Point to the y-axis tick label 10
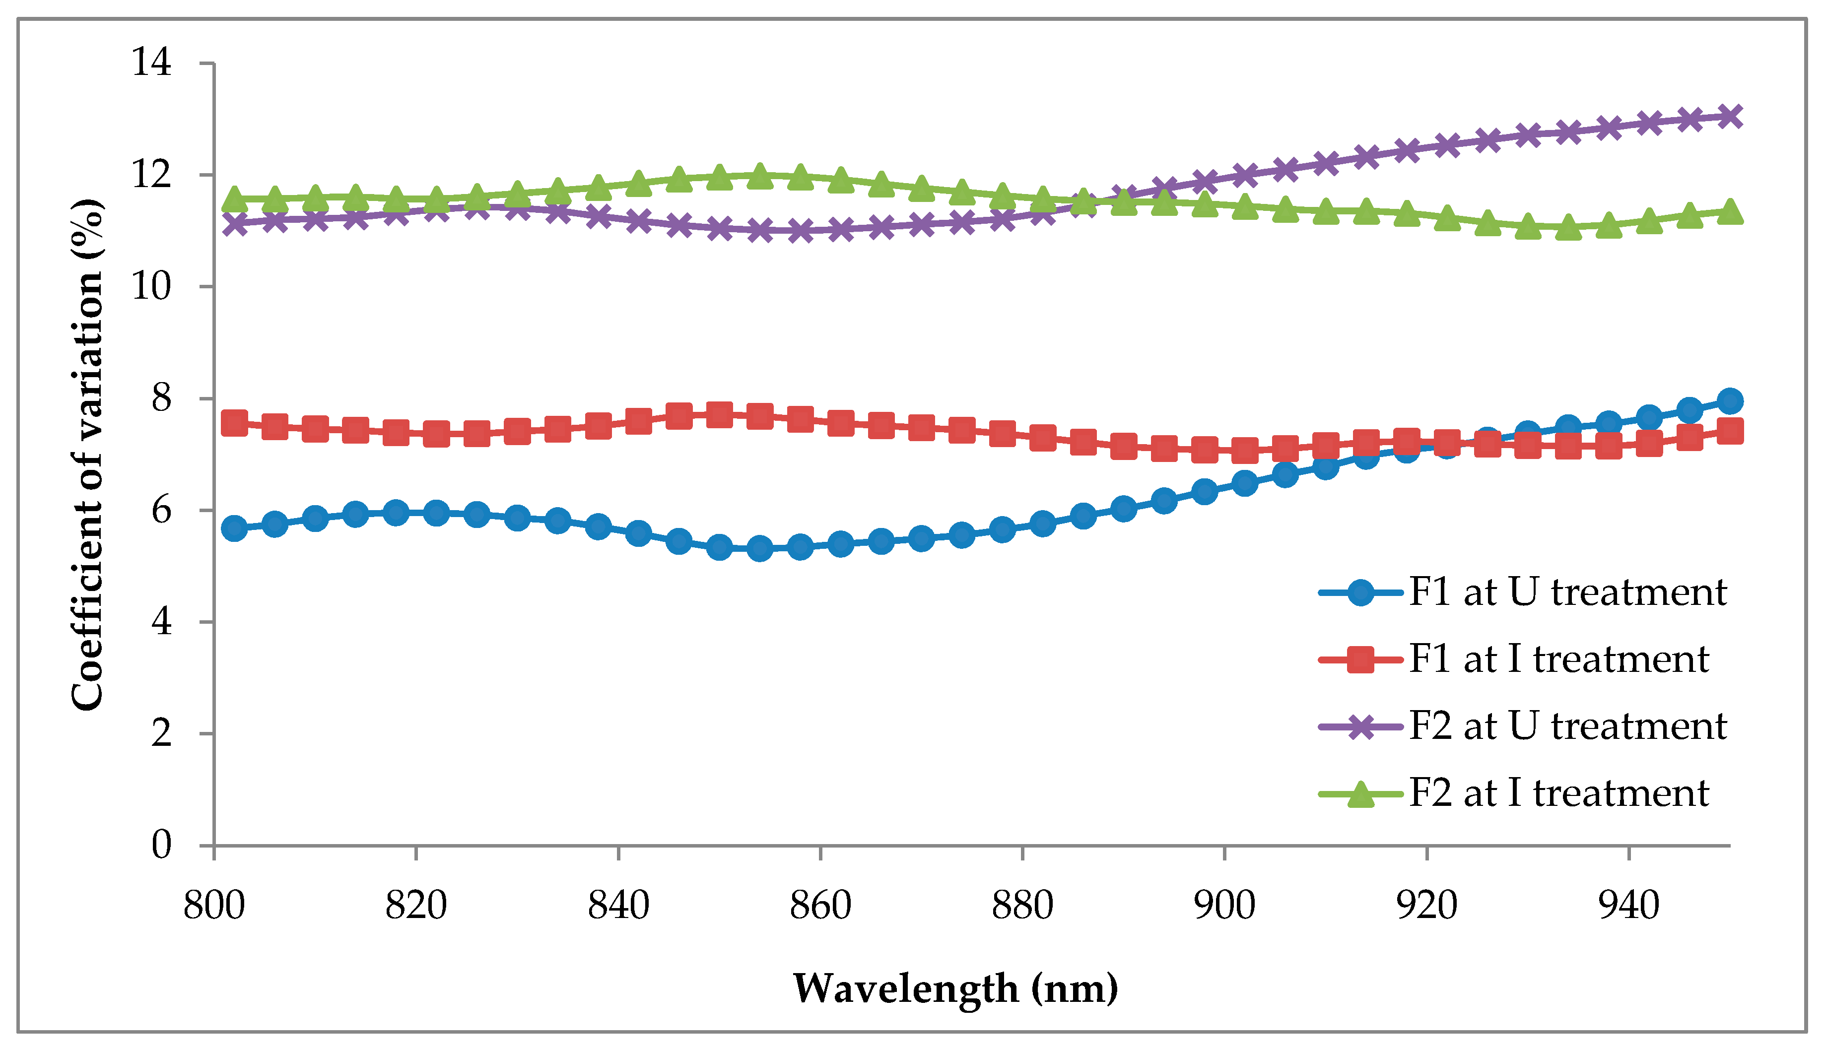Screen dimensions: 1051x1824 tap(151, 287)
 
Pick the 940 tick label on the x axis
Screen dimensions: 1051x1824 tap(1629, 905)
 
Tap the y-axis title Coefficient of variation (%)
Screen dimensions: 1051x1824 tap(88, 455)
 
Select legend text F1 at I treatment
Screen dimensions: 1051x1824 tap(1558, 659)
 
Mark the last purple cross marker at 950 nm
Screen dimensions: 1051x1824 tap(1729, 116)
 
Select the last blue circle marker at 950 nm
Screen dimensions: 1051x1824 tap(1729, 400)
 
